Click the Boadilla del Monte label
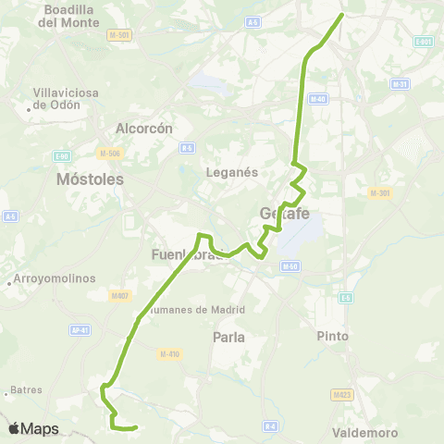click(x=70, y=16)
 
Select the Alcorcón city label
click(x=143, y=129)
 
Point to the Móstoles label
click(x=90, y=179)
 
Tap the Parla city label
click(x=228, y=338)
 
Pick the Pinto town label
click(x=332, y=336)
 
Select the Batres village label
click(x=28, y=390)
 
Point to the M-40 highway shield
click(x=319, y=99)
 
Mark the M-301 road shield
click(x=379, y=193)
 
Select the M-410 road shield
click(x=168, y=354)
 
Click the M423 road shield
click(x=340, y=394)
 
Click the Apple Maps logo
click(x=33, y=428)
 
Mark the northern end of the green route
click(x=342, y=14)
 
